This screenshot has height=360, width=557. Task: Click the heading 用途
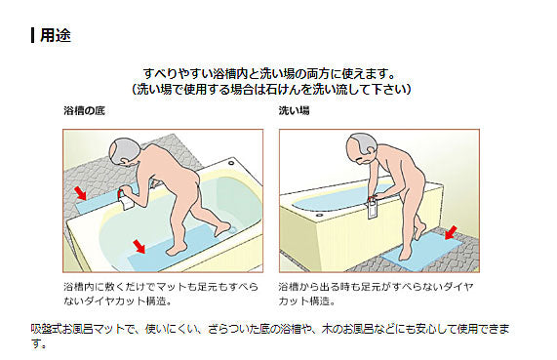click(x=56, y=35)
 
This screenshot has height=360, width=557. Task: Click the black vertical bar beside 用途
click(x=33, y=35)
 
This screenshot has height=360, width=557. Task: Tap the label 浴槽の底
click(x=84, y=110)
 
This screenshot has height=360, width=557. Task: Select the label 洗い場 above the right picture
click(x=294, y=110)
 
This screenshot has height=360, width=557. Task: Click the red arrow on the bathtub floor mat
click(x=139, y=246)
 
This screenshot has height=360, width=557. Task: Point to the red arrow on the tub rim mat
click(x=80, y=193)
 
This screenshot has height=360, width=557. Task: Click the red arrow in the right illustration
click(x=451, y=232)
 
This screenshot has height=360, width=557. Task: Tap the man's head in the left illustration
click(x=124, y=152)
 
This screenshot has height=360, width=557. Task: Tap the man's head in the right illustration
click(x=362, y=148)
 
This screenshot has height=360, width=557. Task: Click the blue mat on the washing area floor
click(x=421, y=252)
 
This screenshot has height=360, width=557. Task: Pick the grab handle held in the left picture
click(x=125, y=200)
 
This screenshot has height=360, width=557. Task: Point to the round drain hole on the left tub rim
click(x=231, y=163)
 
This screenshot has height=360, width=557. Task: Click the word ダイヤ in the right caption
click(x=458, y=287)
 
